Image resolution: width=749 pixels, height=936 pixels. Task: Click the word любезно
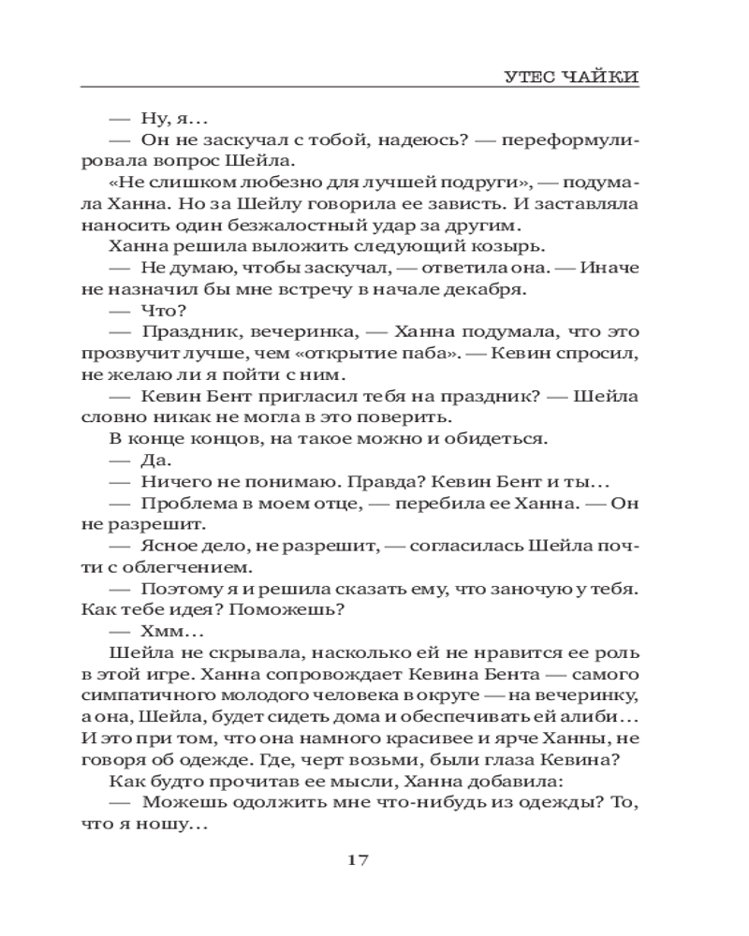point(244,183)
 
